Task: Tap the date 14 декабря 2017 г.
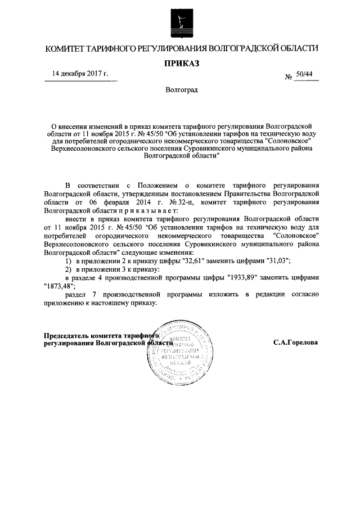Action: pos(80,74)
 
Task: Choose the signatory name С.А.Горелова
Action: pos(296,342)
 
